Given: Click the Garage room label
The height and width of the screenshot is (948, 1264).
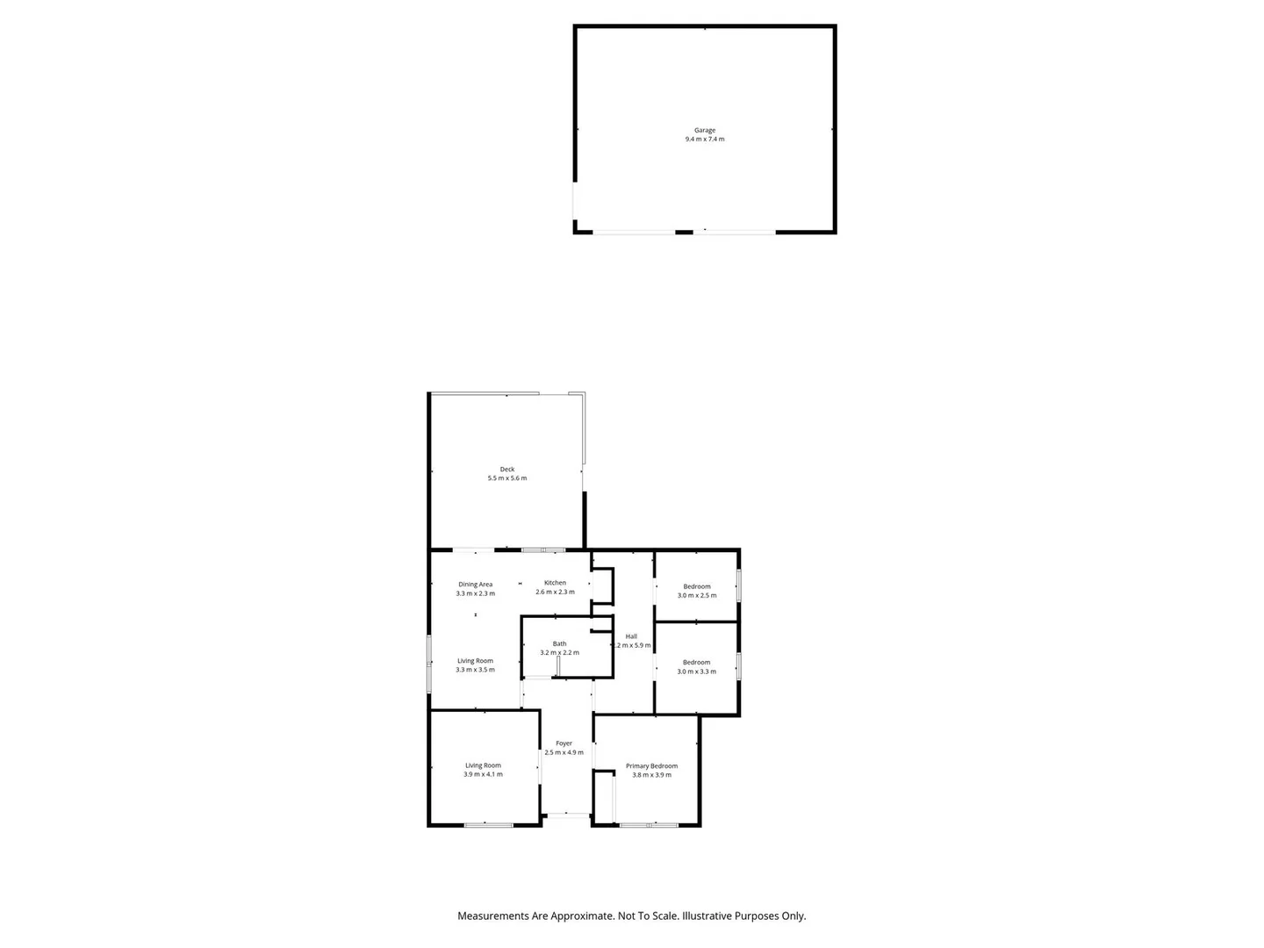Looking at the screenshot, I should (x=705, y=130).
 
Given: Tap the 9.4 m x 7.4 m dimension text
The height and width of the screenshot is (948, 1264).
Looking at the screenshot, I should (x=705, y=140).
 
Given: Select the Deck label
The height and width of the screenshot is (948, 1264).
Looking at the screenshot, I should (x=507, y=470).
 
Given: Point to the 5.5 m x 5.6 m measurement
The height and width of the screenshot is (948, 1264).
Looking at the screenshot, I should (x=507, y=478).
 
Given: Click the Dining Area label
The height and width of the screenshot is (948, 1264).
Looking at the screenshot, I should (x=475, y=585).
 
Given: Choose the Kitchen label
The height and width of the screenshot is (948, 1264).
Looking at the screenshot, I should (x=555, y=583).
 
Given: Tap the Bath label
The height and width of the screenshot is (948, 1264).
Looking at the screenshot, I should (x=559, y=643).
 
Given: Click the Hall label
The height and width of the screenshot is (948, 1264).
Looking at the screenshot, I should (x=631, y=636).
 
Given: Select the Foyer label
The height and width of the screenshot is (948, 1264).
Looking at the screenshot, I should (x=564, y=743).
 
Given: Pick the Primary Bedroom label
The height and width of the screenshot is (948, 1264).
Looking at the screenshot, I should (x=651, y=766).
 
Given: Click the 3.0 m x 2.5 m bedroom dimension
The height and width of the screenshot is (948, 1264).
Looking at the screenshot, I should (x=697, y=595).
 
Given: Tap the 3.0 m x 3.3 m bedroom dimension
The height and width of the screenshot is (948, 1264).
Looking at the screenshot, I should (x=697, y=671).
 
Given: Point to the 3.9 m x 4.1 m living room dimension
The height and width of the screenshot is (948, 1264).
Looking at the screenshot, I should (x=484, y=774).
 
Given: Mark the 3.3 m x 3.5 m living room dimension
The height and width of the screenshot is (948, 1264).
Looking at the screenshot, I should (x=475, y=670).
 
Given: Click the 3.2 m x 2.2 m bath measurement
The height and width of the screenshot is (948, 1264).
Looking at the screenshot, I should (x=560, y=652).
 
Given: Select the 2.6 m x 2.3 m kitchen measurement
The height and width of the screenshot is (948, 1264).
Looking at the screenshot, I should (x=555, y=592).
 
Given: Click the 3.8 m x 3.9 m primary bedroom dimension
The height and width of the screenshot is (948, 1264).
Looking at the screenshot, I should (x=651, y=775).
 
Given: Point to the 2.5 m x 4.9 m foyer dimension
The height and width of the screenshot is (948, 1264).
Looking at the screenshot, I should (x=564, y=752).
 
